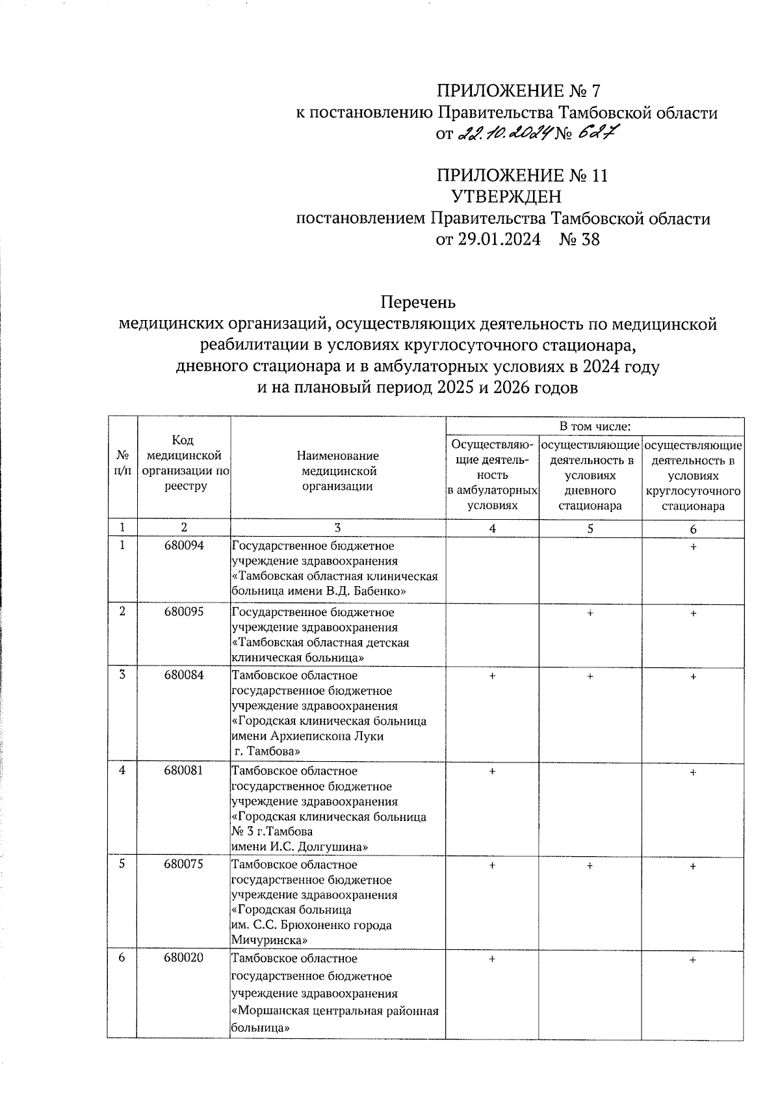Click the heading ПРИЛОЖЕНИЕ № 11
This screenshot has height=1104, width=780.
click(x=522, y=176)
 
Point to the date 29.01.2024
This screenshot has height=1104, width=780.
click(x=488, y=240)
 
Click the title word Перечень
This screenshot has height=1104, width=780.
click(x=418, y=303)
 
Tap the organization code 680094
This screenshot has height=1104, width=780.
click(x=184, y=546)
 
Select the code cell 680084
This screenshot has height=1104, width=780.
click(x=184, y=675)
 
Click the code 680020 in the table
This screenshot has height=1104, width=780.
click(x=184, y=959)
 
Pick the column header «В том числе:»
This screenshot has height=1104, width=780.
click(x=595, y=427)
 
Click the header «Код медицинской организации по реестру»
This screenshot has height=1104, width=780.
click(x=184, y=463)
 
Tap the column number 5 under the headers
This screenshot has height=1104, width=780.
click(x=590, y=529)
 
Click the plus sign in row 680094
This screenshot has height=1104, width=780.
click(x=694, y=548)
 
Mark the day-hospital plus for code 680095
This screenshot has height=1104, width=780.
click(x=590, y=613)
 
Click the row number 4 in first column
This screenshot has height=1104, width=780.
click(x=122, y=770)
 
